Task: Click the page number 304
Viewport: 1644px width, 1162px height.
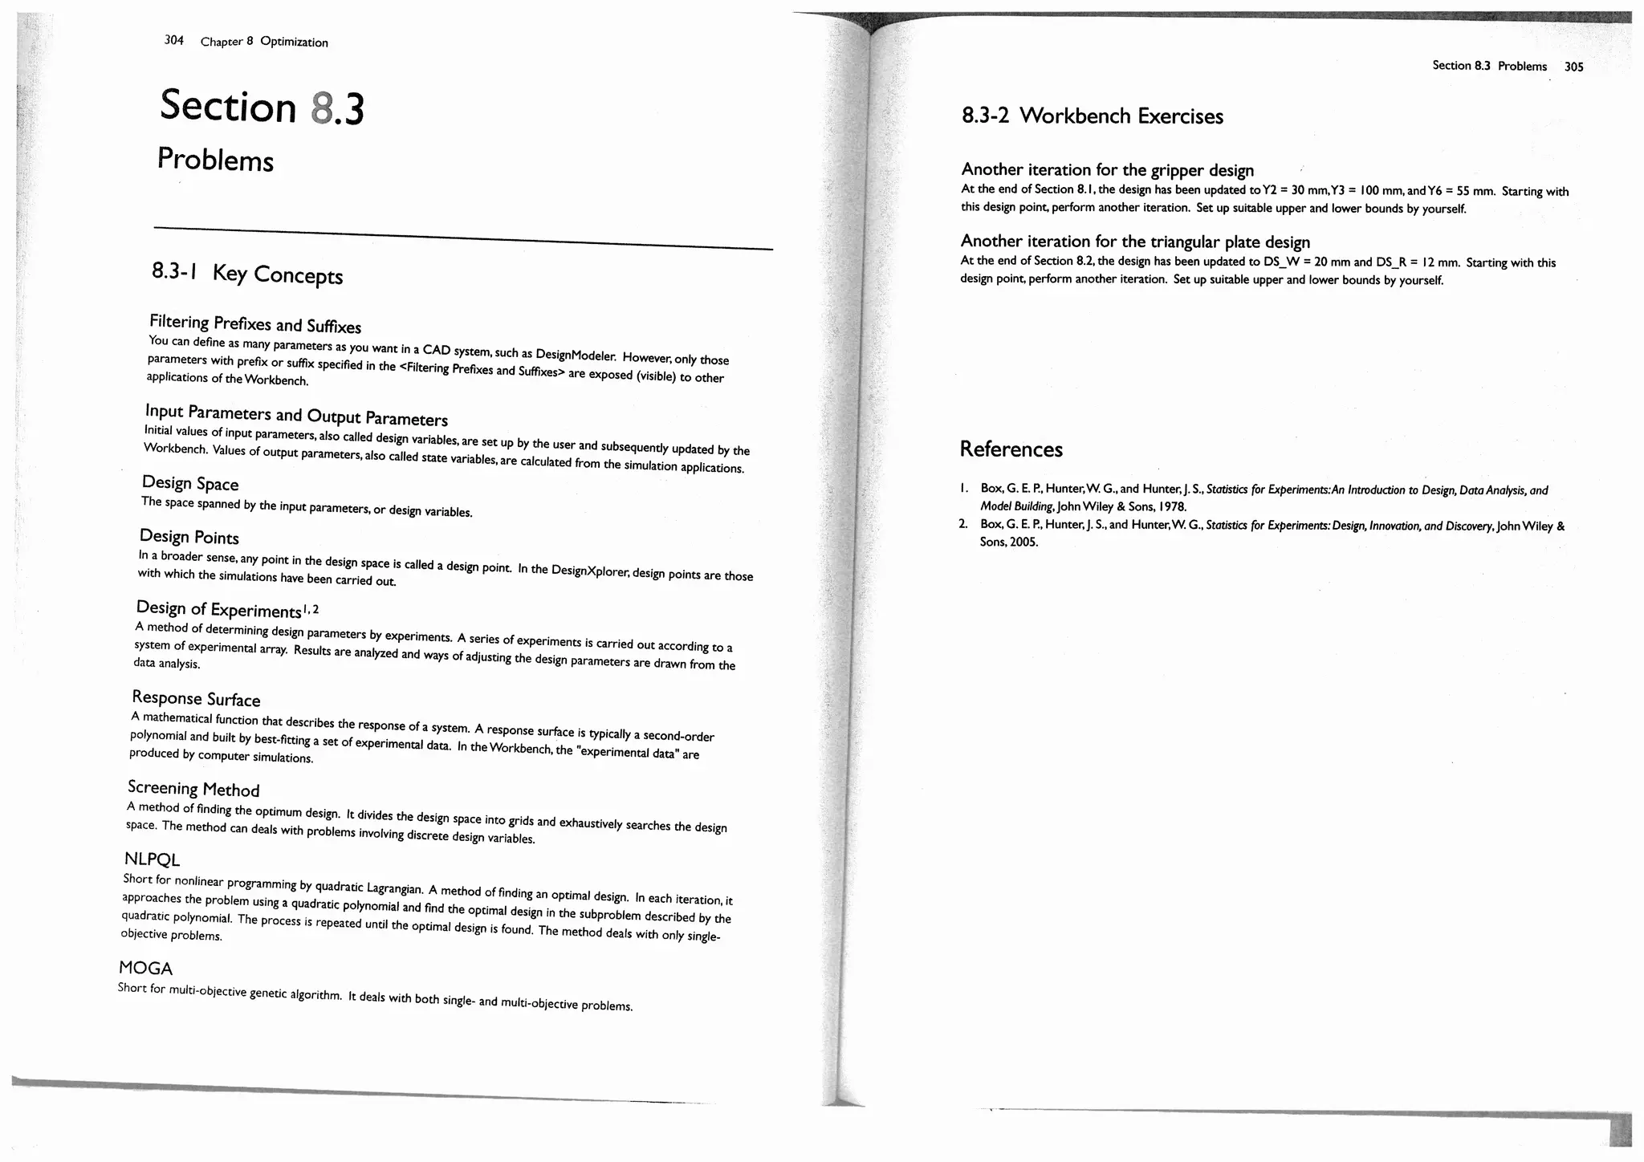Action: pos(173,40)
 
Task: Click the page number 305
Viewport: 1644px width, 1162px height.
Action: pos(1573,67)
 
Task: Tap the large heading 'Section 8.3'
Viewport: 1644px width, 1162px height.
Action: pos(262,108)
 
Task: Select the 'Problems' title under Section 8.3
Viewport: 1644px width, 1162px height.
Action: pos(215,160)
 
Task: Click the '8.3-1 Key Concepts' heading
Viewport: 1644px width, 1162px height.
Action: pos(247,274)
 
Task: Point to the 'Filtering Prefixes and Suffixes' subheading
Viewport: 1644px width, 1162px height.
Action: pos(255,324)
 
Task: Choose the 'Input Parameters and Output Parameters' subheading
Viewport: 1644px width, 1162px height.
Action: pos(296,415)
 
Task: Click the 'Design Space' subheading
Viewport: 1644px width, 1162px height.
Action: pos(190,483)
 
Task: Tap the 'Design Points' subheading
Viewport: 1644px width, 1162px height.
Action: pos(189,537)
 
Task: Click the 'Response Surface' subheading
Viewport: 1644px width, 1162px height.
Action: pos(196,699)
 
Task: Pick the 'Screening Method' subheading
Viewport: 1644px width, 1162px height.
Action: pos(193,789)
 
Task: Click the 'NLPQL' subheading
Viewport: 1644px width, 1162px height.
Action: pos(153,859)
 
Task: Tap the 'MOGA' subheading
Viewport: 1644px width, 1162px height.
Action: pos(145,968)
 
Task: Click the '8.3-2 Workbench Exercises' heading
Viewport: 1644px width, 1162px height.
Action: pos(1093,116)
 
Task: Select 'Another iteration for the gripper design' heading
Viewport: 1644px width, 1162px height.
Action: pos(1107,170)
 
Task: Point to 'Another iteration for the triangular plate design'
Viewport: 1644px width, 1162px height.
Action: pos(1135,242)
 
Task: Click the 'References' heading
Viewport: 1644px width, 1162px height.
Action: pos(1011,449)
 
